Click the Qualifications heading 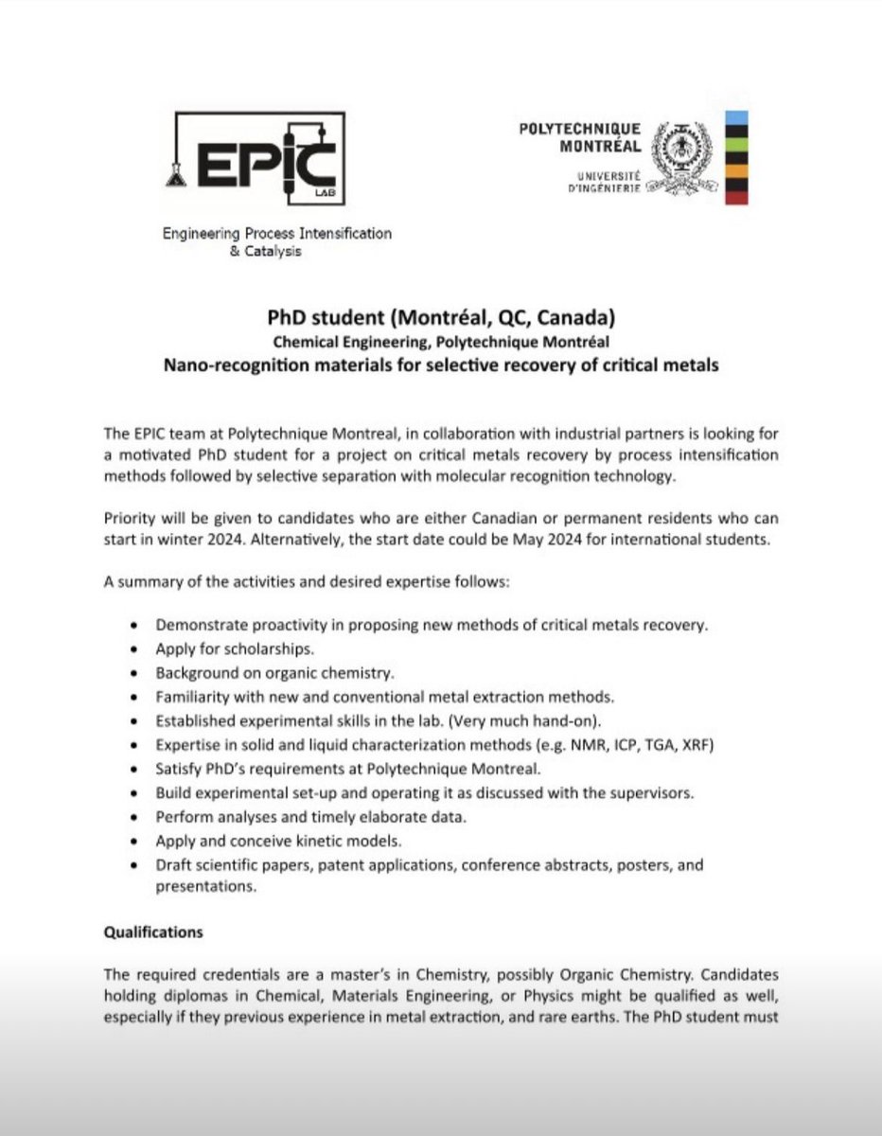pos(152,932)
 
